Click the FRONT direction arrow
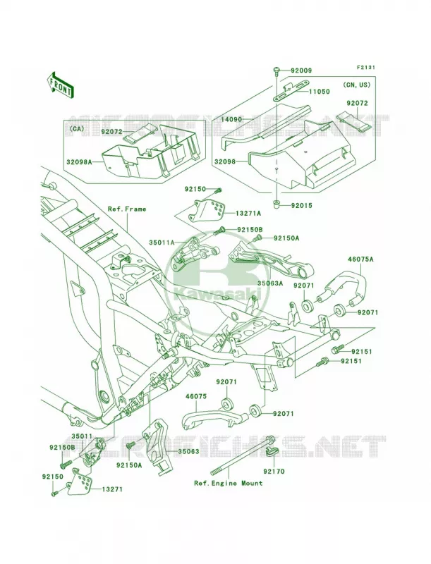coord(60,84)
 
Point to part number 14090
coord(231,119)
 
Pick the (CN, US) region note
coord(357,85)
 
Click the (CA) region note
coord(74,128)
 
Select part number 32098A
coord(79,162)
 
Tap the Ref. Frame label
coord(127,209)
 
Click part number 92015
coord(301,206)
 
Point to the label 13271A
coord(248,214)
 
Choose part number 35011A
coord(162,243)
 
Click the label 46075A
coord(360,259)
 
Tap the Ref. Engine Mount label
coord(229,483)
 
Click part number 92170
coord(274,471)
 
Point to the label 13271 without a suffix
coord(112,489)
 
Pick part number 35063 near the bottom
coord(188,451)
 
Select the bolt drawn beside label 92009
coord(277,71)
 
